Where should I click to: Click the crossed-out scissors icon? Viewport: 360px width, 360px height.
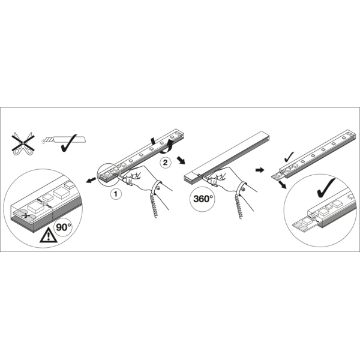(x=23, y=143)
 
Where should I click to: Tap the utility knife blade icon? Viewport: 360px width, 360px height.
(x=63, y=139)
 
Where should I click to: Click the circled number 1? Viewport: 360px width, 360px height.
(x=116, y=194)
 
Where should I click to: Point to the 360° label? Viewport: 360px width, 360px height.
(x=202, y=199)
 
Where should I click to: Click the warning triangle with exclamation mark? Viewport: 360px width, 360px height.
(x=48, y=235)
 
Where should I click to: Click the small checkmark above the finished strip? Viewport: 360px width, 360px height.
(x=289, y=157)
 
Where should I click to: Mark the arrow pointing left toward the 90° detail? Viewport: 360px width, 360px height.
(x=91, y=181)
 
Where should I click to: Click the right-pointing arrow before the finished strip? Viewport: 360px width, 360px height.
(x=260, y=170)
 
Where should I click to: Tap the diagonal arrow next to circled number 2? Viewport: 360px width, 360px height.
(x=181, y=160)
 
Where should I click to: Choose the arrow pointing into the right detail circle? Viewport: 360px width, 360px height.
(x=283, y=184)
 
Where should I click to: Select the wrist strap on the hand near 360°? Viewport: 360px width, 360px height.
(x=241, y=189)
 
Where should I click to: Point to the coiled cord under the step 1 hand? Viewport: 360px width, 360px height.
(x=154, y=205)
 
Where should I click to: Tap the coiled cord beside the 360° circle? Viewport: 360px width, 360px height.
(x=239, y=206)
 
